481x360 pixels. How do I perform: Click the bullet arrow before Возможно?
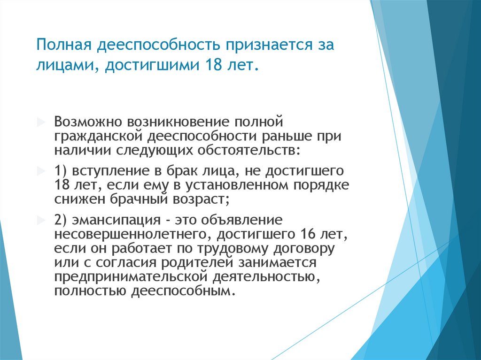pos(40,122)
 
